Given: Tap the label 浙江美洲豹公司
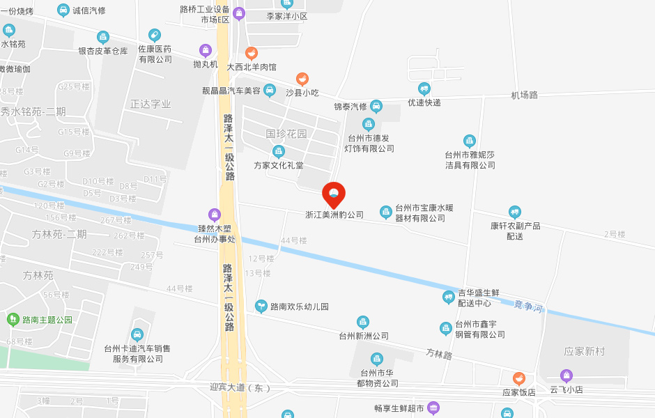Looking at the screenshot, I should pyautogui.click(x=334, y=215).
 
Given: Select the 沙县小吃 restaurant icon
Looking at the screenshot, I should pyautogui.click(x=302, y=79).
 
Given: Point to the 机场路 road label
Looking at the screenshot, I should pyautogui.click(x=524, y=95).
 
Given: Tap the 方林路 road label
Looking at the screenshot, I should pyautogui.click(x=439, y=355).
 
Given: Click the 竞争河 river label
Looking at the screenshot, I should pyautogui.click(x=527, y=306).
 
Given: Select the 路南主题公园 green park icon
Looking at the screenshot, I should pyautogui.click(x=12, y=320).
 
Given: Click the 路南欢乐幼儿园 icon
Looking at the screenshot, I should pyautogui.click(x=261, y=305).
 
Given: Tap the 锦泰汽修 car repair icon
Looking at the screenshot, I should pyautogui.click(x=376, y=106).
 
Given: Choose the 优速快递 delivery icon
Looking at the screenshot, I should pyautogui.click(x=424, y=88).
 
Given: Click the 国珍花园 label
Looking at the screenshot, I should pyautogui.click(x=286, y=133).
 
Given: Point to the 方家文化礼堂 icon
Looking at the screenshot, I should pyautogui.click(x=279, y=151).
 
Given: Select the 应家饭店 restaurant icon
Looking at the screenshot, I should pyautogui.click(x=518, y=378).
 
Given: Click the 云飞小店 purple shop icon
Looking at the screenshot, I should pyautogui.click(x=567, y=376).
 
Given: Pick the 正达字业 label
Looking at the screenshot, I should pyautogui.click(x=151, y=104).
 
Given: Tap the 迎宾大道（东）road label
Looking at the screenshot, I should pyautogui.click(x=240, y=387).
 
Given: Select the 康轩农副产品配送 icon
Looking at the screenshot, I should pyautogui.click(x=515, y=212).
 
